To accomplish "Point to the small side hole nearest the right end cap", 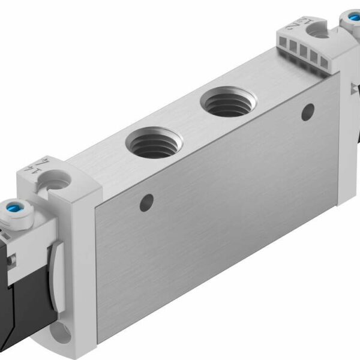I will tap(307, 110).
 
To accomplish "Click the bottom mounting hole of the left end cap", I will tap(63, 331).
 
